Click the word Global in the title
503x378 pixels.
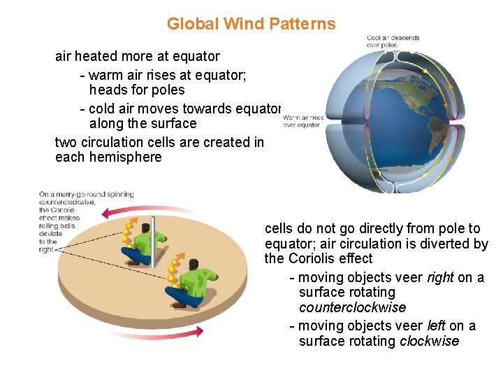tap(192, 24)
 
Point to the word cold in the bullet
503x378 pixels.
tap(103, 108)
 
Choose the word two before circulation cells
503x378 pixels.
tap(67, 142)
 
